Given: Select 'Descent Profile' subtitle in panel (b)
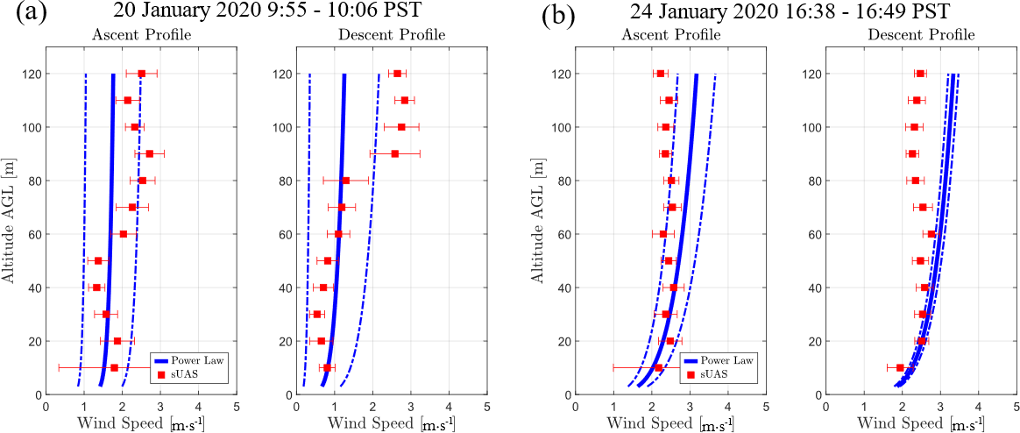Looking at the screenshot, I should (920, 36).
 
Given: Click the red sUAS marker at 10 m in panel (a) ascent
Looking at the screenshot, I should (114, 368).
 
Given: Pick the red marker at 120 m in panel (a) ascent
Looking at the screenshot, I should (142, 74).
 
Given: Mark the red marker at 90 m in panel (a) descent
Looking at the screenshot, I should (395, 153).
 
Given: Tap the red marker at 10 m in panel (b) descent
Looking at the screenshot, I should (900, 368).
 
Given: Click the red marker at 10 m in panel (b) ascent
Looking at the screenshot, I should (658, 368).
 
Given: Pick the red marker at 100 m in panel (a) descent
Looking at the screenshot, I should (401, 127).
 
